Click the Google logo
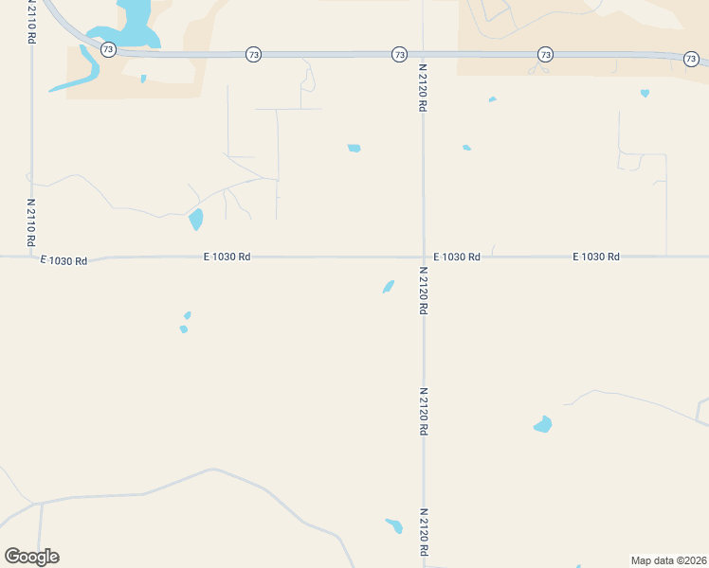pyautogui.click(x=31, y=557)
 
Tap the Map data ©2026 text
pyautogui.click(x=668, y=559)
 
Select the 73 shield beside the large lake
pyautogui.click(x=109, y=49)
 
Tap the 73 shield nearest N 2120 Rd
pyautogui.click(x=399, y=55)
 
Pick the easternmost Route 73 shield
pyautogui.click(x=691, y=59)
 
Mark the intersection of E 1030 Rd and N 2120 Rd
pyautogui.click(x=424, y=257)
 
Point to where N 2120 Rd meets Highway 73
pyautogui.click(x=423, y=55)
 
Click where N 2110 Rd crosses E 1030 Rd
pyautogui.click(x=31, y=257)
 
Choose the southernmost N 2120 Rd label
pyautogui.click(x=424, y=533)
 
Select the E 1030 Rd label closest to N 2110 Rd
pyautogui.click(x=64, y=259)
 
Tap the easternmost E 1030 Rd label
pyautogui.click(x=596, y=257)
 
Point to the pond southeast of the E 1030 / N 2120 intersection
pyautogui.click(x=542, y=425)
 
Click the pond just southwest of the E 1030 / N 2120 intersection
pyautogui.click(x=389, y=286)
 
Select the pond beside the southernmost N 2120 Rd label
pyautogui.click(x=394, y=525)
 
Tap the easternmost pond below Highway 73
pyautogui.click(x=645, y=93)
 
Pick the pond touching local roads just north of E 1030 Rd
pyautogui.click(x=196, y=220)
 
